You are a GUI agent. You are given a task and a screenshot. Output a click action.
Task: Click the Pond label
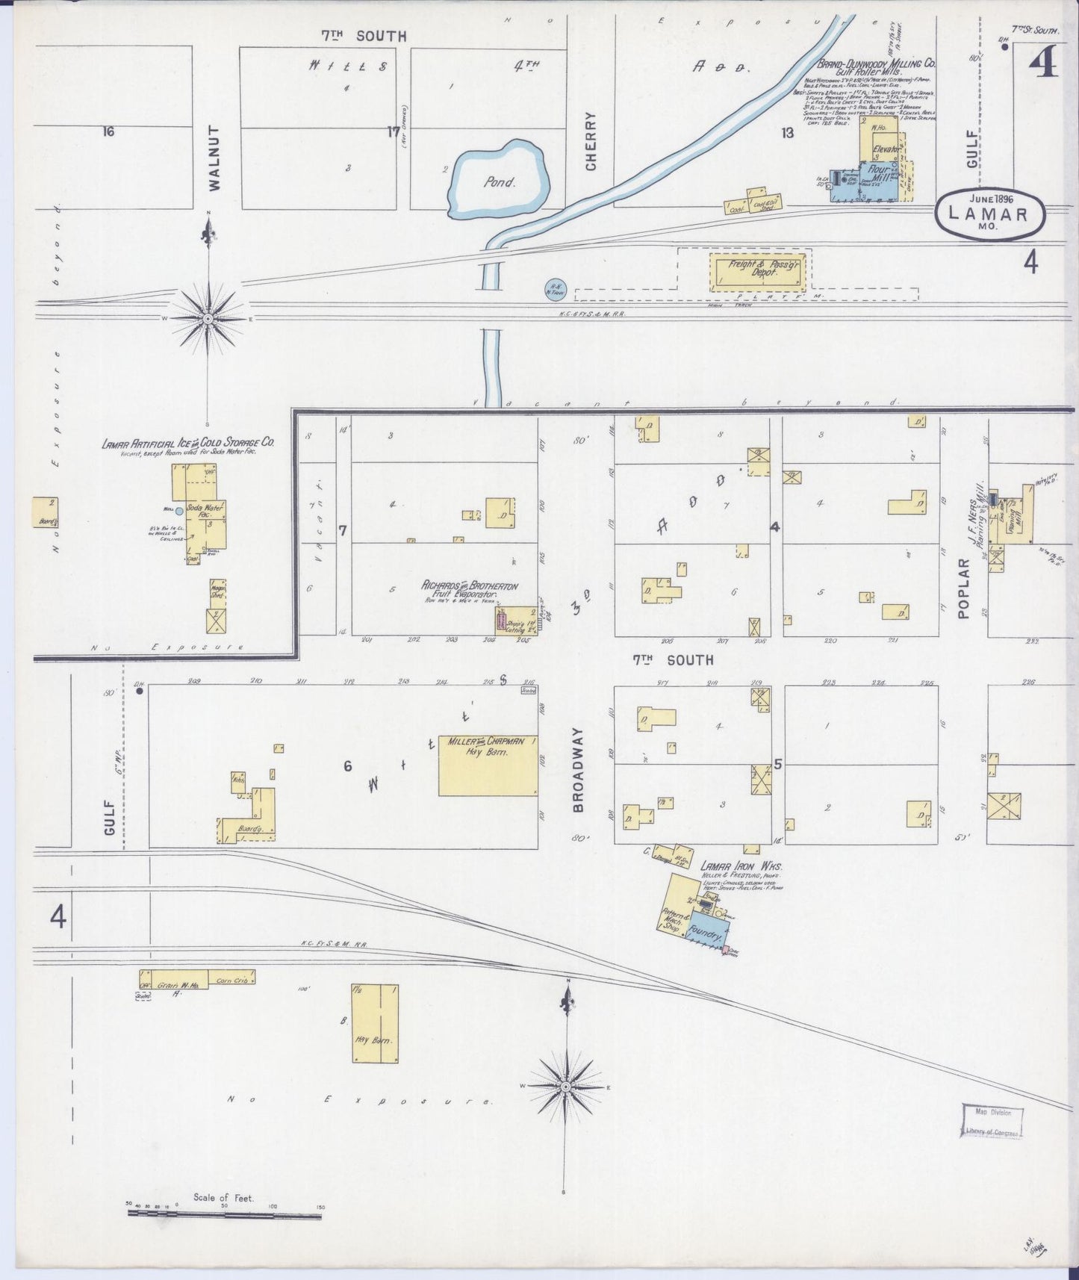coord(499,181)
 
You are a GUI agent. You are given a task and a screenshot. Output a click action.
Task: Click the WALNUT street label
coord(215,159)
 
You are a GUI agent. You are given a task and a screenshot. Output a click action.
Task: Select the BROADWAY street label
coord(578,770)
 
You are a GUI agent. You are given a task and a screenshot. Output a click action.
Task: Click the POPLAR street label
coord(963,588)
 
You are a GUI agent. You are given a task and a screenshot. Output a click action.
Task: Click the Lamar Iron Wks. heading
coord(736,866)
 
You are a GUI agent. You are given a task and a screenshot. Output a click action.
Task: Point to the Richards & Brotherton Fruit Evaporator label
coord(470,591)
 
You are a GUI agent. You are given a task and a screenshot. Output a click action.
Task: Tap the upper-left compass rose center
coord(208,318)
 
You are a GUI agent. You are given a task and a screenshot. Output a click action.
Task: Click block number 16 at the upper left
coord(108,132)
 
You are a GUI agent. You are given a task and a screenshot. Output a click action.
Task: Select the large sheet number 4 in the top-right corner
coord(1043,66)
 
